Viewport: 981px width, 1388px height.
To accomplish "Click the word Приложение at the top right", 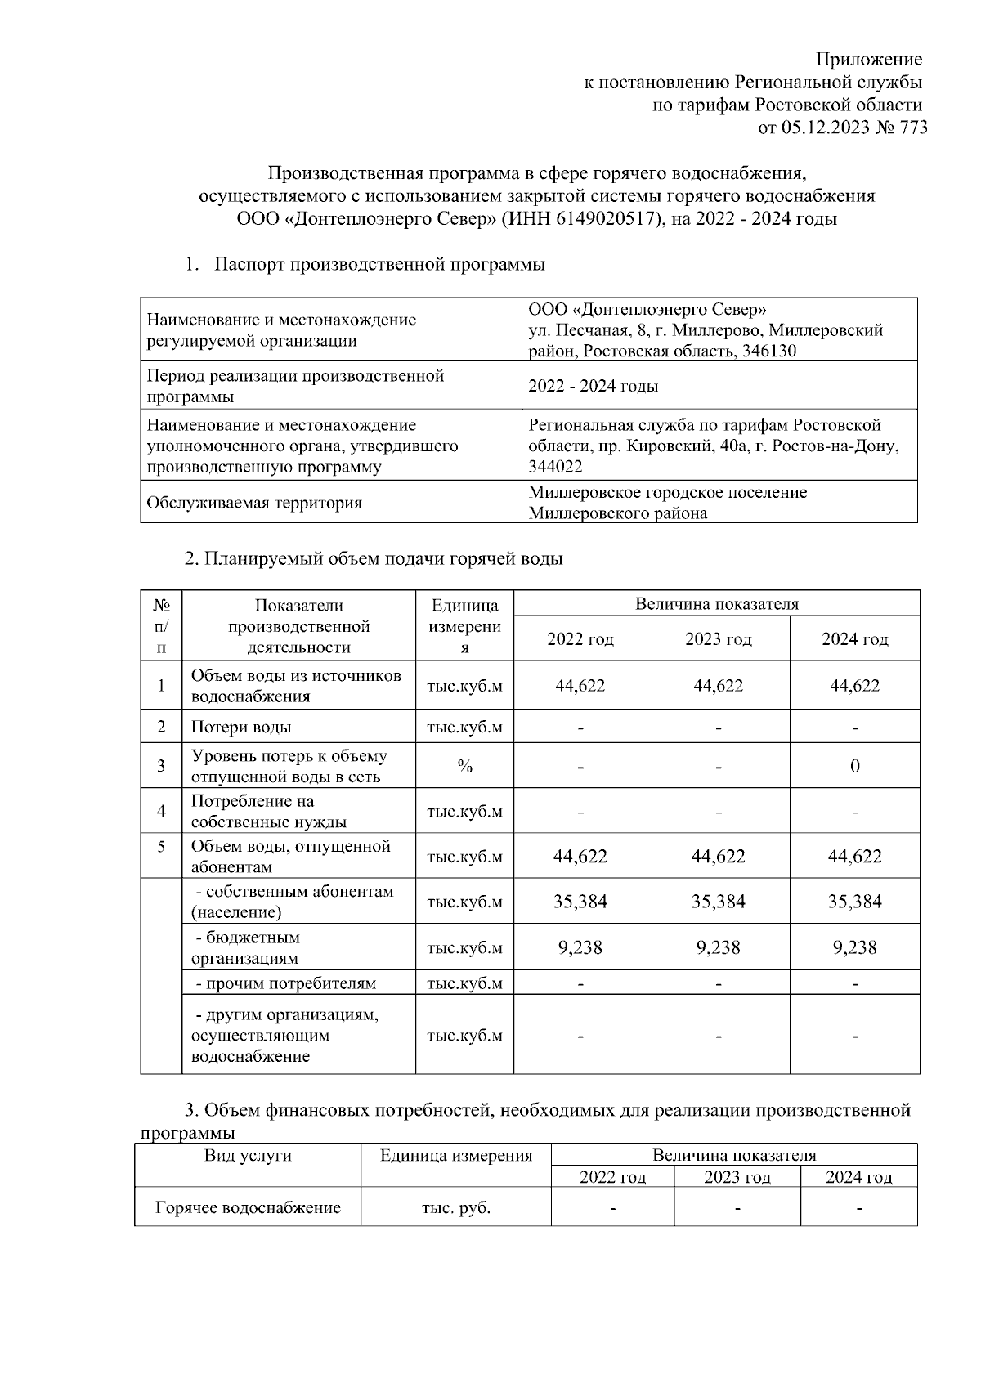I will coord(869,60).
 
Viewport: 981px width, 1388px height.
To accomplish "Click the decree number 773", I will coord(912,128).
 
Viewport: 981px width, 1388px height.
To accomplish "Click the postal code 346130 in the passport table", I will coord(768,351).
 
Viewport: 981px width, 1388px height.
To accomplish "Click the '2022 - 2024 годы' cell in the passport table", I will coord(594,386).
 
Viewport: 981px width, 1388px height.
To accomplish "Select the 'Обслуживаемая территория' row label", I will coord(253,503).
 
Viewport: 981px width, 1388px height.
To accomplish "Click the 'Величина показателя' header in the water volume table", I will coord(716,604).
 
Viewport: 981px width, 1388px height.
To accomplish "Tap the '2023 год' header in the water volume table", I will coord(718,639).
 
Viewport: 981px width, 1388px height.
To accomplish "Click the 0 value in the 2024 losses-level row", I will coord(854,767).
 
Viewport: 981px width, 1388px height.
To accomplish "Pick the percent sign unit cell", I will coord(464,767).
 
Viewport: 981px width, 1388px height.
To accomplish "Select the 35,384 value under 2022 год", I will coord(580,902).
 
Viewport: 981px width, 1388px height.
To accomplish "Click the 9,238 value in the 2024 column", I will coord(854,947).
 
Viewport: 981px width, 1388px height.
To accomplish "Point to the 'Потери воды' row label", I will coord(241,727).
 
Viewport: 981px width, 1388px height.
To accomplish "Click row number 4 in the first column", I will coord(161,811).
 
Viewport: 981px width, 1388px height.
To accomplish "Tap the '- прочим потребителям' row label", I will coord(285,983).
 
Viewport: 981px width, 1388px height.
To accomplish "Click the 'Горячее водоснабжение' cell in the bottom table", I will coord(248,1208).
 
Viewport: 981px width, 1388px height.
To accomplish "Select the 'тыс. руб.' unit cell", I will coord(455,1208).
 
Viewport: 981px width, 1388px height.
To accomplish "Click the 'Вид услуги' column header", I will coord(248,1156).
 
